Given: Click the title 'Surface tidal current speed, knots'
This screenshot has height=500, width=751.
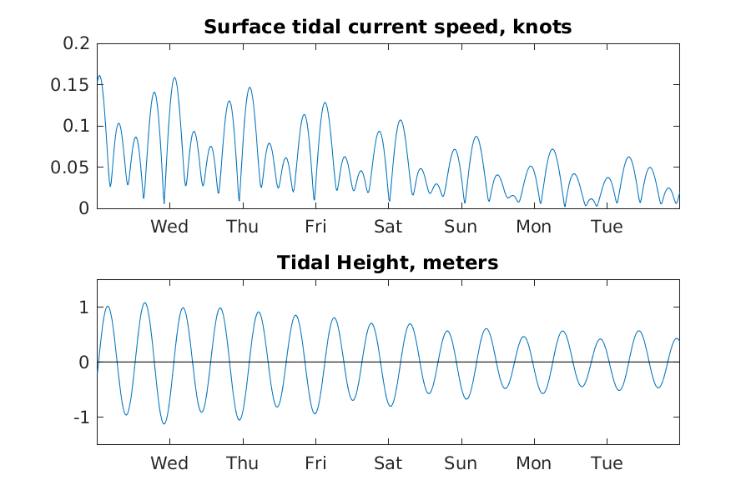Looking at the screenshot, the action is tap(387, 27).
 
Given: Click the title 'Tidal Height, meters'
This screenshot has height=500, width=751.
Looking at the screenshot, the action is tap(387, 262).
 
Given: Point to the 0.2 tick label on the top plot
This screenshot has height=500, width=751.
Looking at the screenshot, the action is tap(76, 43).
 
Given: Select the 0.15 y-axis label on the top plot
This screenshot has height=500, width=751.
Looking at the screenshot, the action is tap(70, 85).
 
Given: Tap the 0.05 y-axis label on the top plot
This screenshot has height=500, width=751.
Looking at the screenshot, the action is tap(70, 167).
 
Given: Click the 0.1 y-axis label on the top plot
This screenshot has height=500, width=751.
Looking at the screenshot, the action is tap(76, 127).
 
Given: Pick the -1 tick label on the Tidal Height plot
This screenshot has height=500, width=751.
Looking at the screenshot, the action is tap(82, 417).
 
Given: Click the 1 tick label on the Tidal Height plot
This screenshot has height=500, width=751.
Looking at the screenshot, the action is tap(84, 307).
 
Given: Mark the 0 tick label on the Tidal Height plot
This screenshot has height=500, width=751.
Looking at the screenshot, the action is tap(84, 362).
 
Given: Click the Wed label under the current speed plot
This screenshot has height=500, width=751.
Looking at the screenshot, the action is tap(169, 227).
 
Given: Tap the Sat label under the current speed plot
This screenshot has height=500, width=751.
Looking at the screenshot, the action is tap(388, 227).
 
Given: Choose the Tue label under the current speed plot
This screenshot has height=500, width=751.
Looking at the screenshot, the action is tap(607, 227).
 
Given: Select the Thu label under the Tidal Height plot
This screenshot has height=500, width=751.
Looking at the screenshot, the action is tap(242, 463).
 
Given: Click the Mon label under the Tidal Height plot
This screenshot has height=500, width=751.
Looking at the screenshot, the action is tap(533, 463).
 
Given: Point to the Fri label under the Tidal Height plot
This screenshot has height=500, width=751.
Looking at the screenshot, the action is tap(315, 463).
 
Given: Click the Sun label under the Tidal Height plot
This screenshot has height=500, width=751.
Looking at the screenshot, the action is tap(461, 463).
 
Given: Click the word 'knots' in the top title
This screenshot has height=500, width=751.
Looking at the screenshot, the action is tap(542, 27).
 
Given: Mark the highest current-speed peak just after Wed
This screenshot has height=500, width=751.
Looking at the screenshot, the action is tap(174, 78).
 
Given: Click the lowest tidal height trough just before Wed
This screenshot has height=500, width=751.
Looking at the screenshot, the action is tap(164, 423).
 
